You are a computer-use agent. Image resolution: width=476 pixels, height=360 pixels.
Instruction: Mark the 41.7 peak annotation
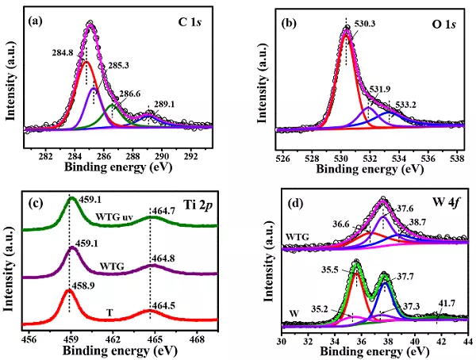pyautogui.click(x=435, y=303)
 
